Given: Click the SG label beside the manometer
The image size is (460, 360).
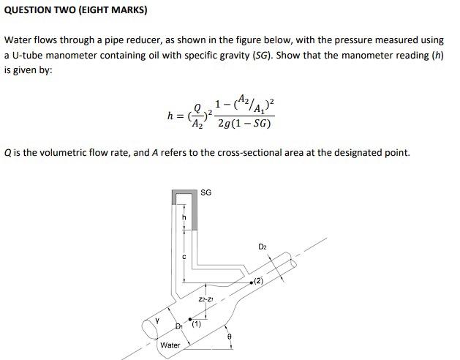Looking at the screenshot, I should coord(206,192).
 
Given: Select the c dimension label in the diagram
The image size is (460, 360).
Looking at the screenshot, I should coord(184,255).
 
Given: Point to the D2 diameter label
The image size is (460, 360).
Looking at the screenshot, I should coord(263,247).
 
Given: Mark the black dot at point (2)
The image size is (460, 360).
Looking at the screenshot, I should coord(252,282).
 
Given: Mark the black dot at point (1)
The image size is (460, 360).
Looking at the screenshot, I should coord(190,320).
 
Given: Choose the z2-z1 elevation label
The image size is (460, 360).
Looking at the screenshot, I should coord(206,299).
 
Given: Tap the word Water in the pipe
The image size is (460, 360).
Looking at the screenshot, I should coord(170,345).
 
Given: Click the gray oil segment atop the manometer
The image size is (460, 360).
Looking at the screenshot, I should coord(187,193).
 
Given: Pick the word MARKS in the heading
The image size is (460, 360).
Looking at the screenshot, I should coord(125,10).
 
